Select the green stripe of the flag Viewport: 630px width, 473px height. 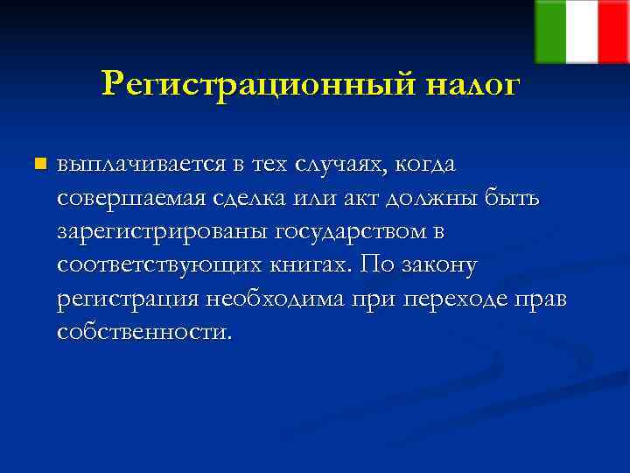(x=549, y=32)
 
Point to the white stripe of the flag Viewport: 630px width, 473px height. (x=581, y=32)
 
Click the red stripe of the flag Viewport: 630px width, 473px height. (x=613, y=32)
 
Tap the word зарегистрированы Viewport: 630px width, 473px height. (x=162, y=232)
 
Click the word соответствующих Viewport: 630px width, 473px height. (x=154, y=265)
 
